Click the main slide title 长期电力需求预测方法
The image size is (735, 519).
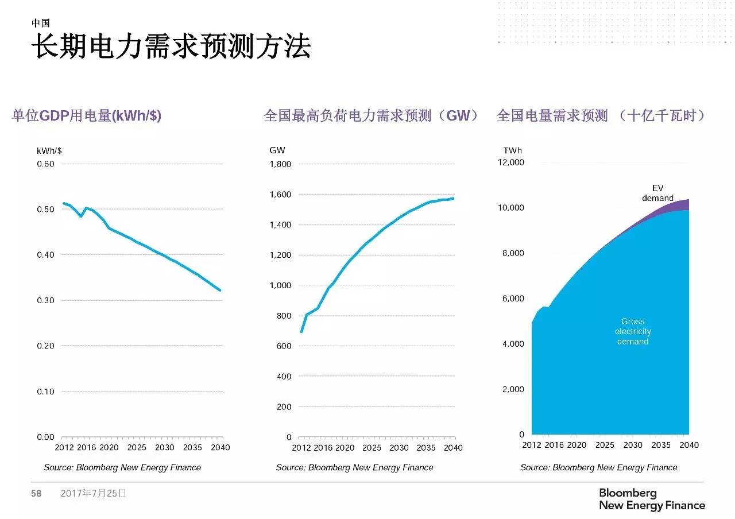pyautogui.click(x=171, y=47)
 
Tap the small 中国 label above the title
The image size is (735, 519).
pyautogui.click(x=40, y=23)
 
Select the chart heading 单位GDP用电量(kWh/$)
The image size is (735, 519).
pyautogui.click(x=87, y=115)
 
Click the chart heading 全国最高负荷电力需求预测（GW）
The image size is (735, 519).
pyautogui.click(x=371, y=115)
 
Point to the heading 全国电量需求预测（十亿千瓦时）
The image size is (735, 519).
pyautogui.click(x=601, y=115)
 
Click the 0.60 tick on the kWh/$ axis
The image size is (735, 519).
pyautogui.click(x=45, y=164)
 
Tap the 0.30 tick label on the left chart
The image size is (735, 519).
pyautogui.click(x=45, y=300)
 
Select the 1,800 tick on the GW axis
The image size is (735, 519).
pyautogui.click(x=280, y=164)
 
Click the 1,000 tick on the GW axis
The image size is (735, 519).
pyautogui.click(x=280, y=285)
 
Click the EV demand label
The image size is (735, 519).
pyautogui.click(x=657, y=193)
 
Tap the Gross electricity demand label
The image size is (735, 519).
pyautogui.click(x=633, y=331)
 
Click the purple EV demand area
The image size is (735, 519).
pyautogui.click(x=678, y=206)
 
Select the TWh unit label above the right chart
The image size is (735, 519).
pyautogui.click(x=513, y=150)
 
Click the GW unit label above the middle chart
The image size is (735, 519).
pyautogui.click(x=277, y=150)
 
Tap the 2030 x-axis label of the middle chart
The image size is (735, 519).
pyautogui.click(x=399, y=448)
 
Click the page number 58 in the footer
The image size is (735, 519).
pyautogui.click(x=36, y=493)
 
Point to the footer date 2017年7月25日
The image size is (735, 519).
pyautogui.click(x=93, y=493)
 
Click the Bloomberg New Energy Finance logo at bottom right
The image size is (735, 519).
pyautogui.click(x=652, y=499)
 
